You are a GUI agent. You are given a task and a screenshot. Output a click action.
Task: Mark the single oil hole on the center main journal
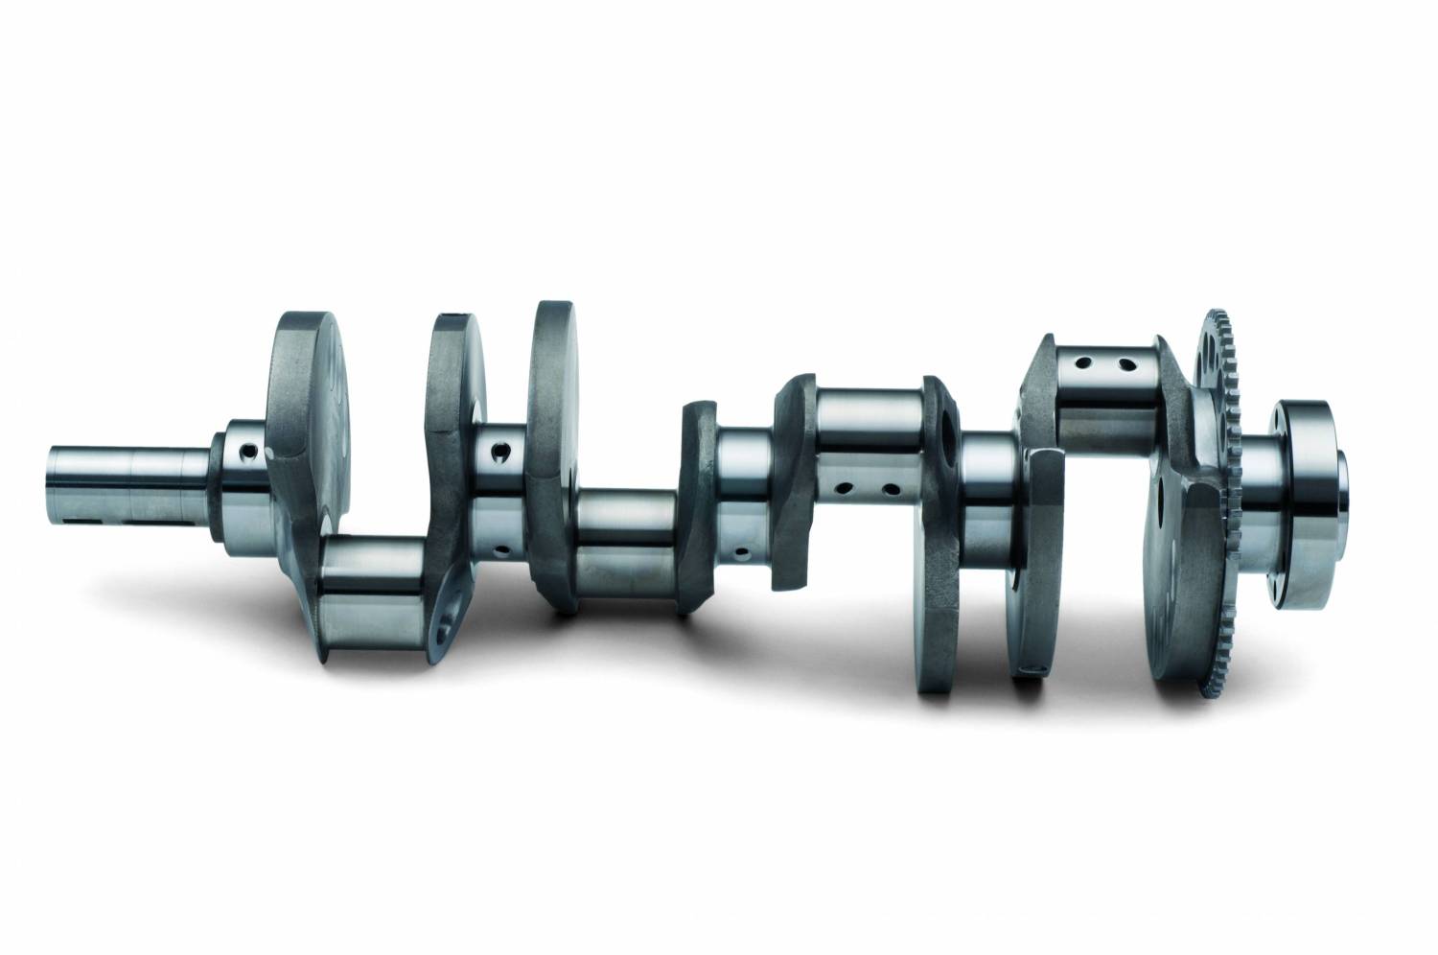(742, 553)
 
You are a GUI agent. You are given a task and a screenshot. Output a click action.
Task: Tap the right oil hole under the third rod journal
(892, 490)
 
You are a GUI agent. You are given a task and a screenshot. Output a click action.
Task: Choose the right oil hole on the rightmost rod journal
(1128, 364)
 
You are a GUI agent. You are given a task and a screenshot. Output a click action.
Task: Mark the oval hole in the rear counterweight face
(1163, 499)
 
